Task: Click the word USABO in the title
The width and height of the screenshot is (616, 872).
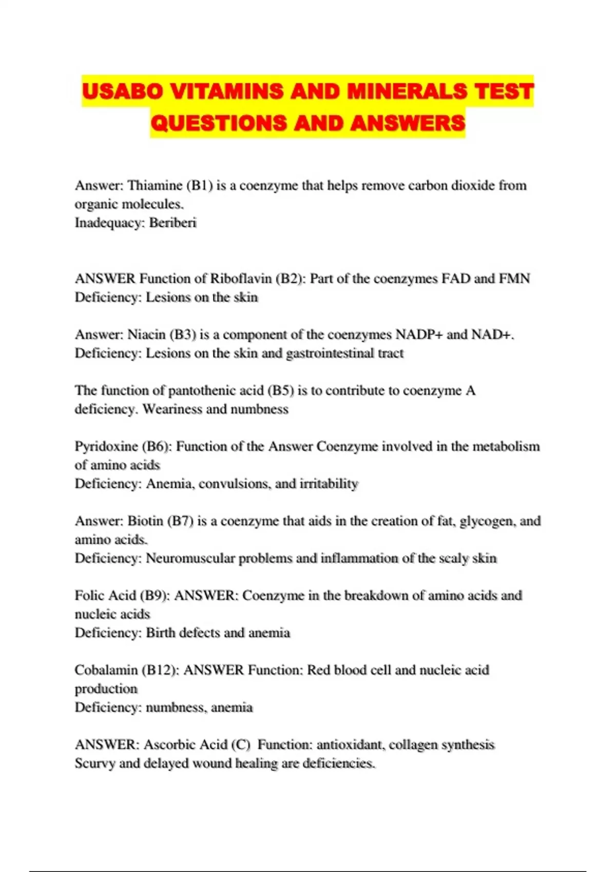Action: (x=122, y=91)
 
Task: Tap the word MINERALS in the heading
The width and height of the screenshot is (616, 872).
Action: (x=406, y=91)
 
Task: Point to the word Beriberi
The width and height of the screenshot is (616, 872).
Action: (x=173, y=223)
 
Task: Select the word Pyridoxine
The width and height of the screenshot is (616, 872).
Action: (x=106, y=446)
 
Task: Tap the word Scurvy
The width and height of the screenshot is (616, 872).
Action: (x=94, y=763)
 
